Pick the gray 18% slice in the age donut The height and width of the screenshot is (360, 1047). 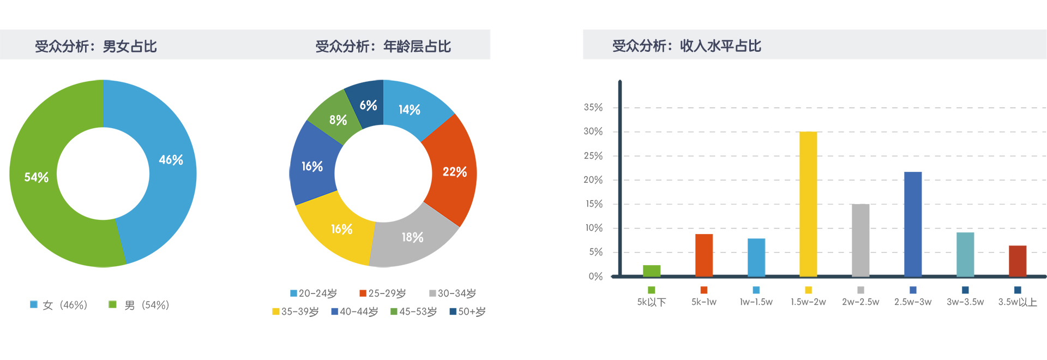tap(412, 237)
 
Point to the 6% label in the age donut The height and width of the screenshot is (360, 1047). tap(368, 105)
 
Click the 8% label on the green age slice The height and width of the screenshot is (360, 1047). tap(338, 120)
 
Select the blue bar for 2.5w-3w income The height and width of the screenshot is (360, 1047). tap(913, 224)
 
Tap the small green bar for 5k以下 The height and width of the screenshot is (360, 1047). tap(652, 271)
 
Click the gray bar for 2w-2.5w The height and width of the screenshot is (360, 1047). tap(861, 240)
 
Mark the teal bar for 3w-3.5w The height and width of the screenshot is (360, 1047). tap(965, 254)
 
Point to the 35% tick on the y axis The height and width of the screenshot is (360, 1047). tap(593, 107)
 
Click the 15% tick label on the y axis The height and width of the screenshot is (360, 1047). tap(593, 204)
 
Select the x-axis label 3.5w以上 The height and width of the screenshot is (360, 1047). tap(1018, 302)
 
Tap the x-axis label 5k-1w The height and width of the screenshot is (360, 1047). tap(704, 302)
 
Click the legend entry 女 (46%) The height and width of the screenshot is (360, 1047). tap(59, 305)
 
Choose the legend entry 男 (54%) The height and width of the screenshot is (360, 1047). tap(140, 305)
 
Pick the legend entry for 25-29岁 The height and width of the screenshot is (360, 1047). tap(383, 293)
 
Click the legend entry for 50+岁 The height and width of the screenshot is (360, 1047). tap(467, 311)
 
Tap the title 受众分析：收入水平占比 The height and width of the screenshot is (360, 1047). tap(687, 46)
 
